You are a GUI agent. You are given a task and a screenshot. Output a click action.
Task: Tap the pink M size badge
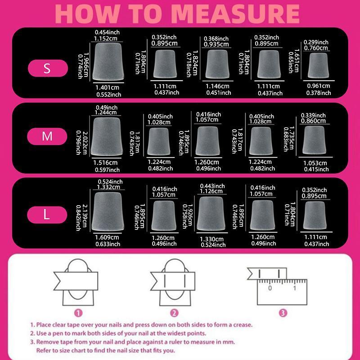tap(48, 136)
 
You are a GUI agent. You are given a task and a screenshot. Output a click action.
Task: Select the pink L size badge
tap(48, 215)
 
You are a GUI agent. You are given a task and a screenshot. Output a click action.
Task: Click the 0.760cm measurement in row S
tap(316, 49)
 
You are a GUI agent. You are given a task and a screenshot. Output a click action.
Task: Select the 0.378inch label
tap(319, 93)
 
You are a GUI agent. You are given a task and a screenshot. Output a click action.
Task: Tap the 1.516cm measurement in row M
tap(106, 163)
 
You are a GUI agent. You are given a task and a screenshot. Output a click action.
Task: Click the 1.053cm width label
tap(316, 163)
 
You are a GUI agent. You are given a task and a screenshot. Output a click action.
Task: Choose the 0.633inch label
tap(108, 244)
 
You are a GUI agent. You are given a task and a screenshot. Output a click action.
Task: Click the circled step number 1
tap(78, 312)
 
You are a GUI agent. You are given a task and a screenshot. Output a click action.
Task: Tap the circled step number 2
tap(174, 312)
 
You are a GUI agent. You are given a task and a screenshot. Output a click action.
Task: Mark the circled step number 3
tap(282, 312)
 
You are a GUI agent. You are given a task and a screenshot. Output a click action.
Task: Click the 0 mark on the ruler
tap(270, 288)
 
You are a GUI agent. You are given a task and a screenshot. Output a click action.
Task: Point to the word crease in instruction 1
tap(241, 324)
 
